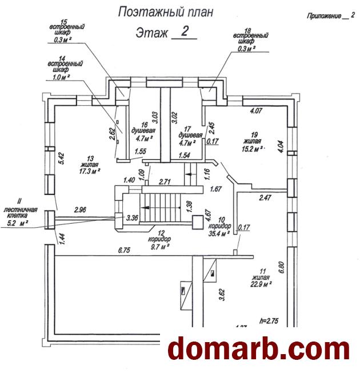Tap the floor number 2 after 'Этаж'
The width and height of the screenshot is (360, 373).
(184, 31)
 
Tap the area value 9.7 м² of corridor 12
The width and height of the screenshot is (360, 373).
(155, 247)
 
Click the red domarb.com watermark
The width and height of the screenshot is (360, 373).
(259, 349)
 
